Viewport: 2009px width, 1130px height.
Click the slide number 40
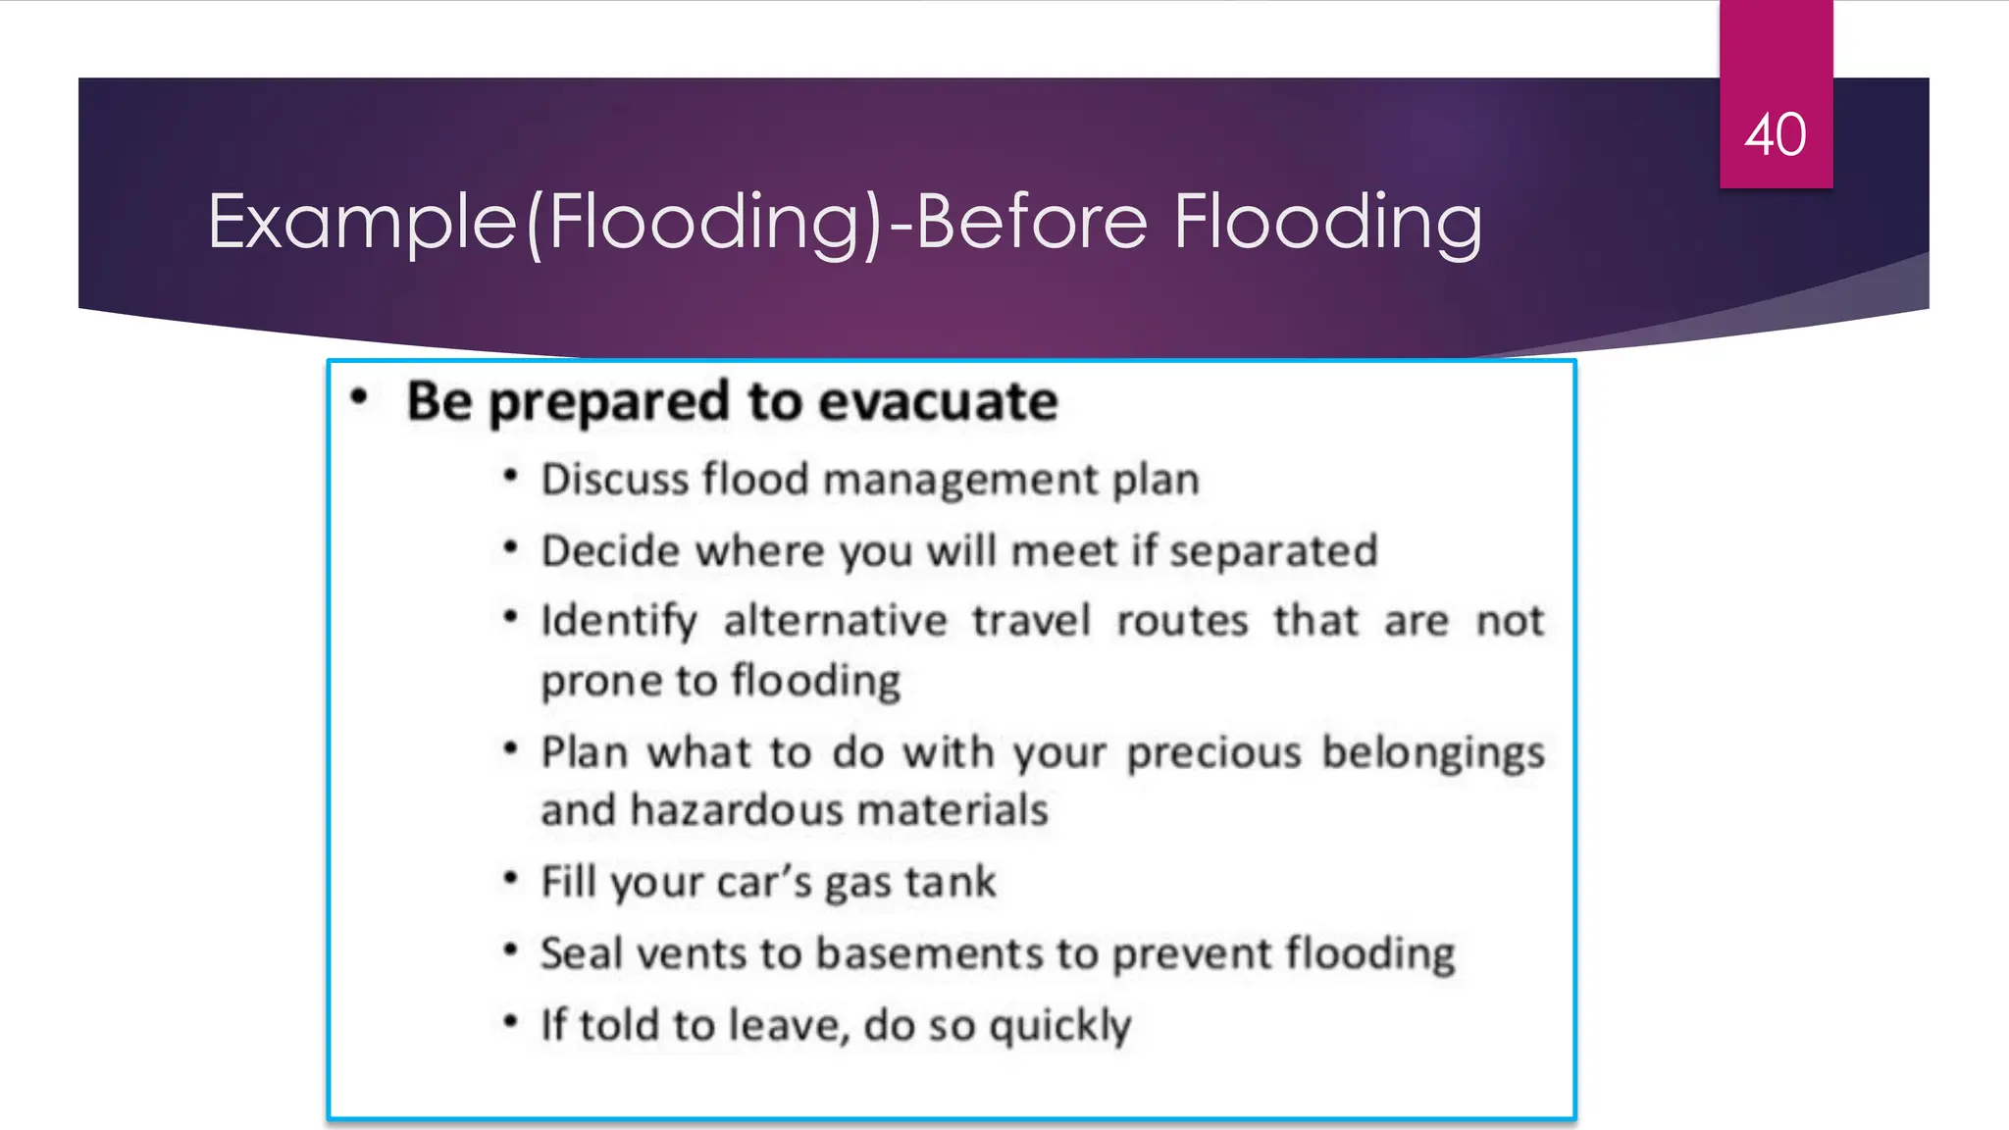[x=1775, y=134]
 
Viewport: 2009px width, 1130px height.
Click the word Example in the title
[x=362, y=223]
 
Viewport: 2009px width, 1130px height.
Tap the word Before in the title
[x=1031, y=222]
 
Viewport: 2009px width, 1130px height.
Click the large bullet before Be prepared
[x=360, y=397]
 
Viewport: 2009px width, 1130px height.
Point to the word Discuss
[x=615, y=480]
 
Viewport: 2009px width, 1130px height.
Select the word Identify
[x=619, y=622]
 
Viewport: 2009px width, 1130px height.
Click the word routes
[x=1182, y=621]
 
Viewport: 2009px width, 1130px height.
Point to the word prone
[x=600, y=682]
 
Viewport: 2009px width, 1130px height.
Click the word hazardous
[x=736, y=811]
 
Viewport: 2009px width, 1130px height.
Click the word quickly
[x=1059, y=1026]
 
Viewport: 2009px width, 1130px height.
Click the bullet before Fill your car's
[x=510, y=879]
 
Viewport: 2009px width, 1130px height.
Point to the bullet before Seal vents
[x=510, y=950]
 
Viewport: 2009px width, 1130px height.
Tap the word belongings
[x=1432, y=753]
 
